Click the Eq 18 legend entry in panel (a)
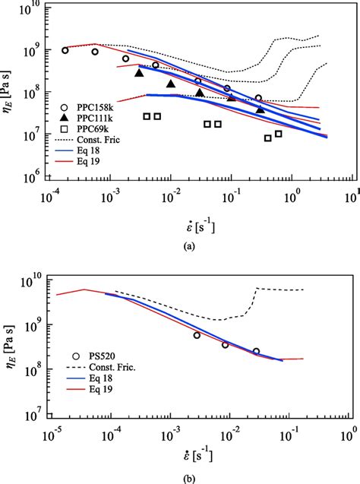tap(86, 151)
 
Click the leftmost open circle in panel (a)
tap(65, 50)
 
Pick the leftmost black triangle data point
tap(139, 72)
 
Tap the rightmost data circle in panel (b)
tap(256, 352)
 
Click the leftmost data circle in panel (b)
tap(197, 335)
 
